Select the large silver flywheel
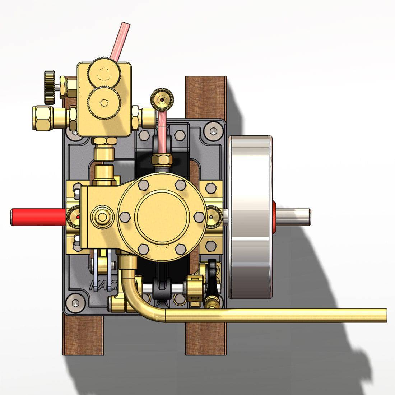[250, 217]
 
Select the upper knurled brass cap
[104, 72]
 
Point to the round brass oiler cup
[162, 98]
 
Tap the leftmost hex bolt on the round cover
[125, 217]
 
